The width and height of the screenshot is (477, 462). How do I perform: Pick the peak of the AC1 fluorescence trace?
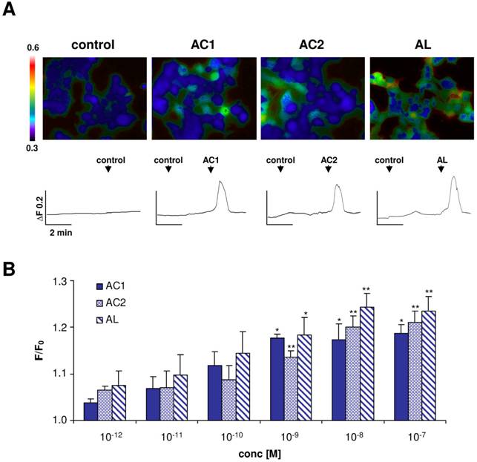pos(220,180)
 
